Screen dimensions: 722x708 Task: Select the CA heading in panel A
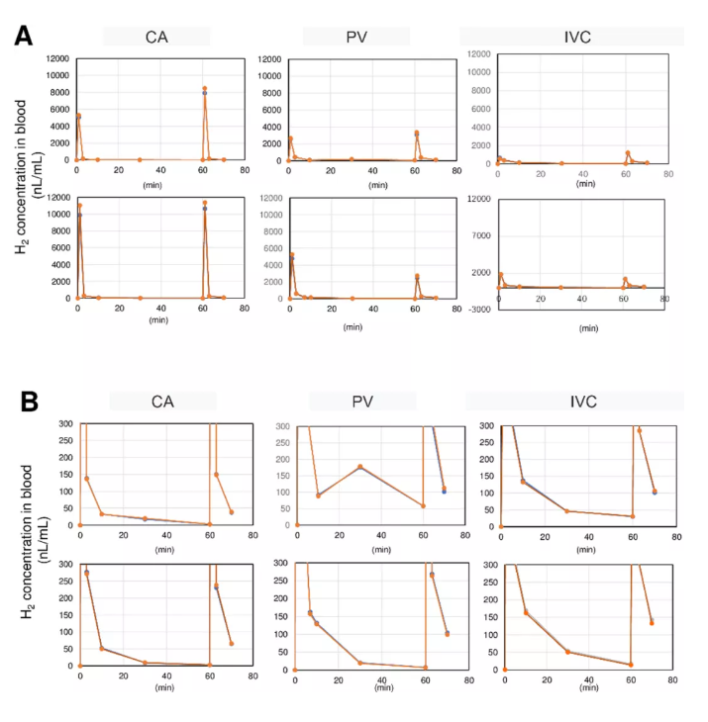[x=156, y=36]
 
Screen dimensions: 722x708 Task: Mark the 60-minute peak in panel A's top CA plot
[x=204, y=89]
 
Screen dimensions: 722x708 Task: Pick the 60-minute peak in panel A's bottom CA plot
[x=205, y=203]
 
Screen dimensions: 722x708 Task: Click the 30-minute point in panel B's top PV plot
[x=360, y=466]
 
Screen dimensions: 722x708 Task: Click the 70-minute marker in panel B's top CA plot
[x=232, y=511]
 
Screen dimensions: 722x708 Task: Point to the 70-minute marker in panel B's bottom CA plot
[x=232, y=643]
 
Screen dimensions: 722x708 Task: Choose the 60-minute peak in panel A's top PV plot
[x=417, y=133]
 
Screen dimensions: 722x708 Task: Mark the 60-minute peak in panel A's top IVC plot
[x=628, y=153]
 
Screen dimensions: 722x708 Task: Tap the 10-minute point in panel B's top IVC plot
[x=523, y=482]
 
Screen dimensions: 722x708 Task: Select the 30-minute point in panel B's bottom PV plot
[x=360, y=663]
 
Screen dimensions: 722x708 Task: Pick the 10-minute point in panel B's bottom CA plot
[x=102, y=649]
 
